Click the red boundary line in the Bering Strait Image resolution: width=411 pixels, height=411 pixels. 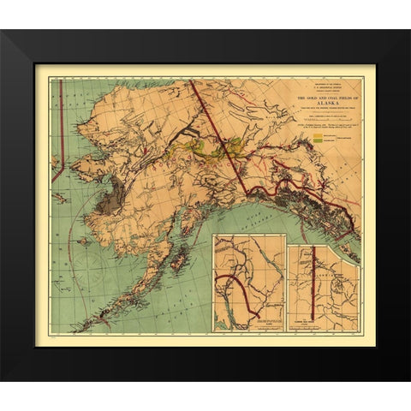pyautogui.click(x=57, y=163)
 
